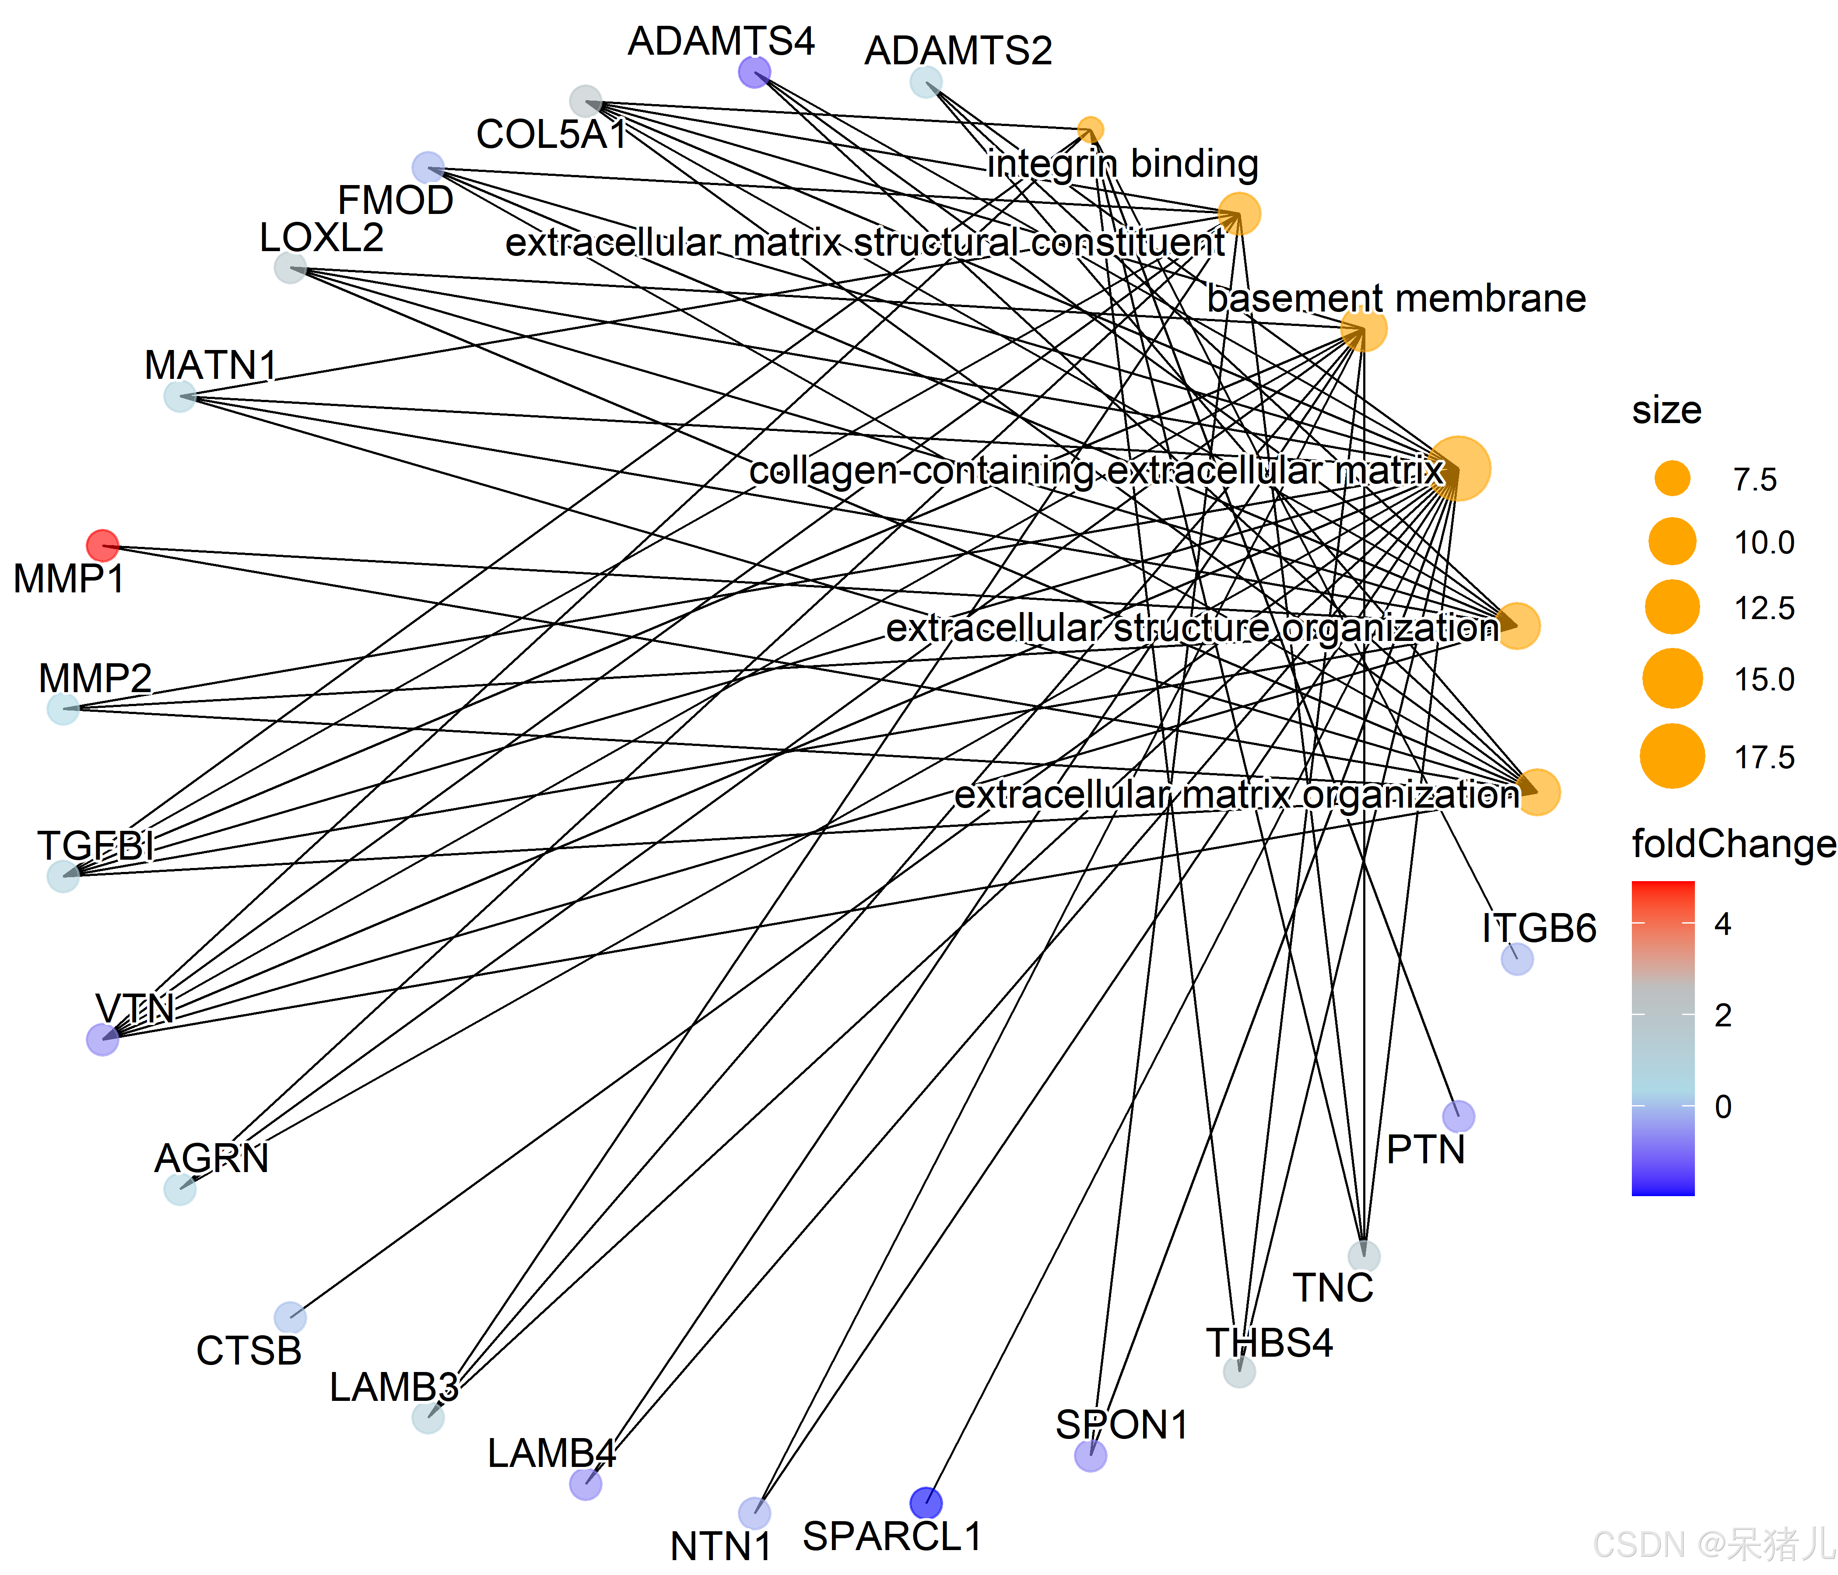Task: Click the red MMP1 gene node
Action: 103,546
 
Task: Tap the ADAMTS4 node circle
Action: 754,72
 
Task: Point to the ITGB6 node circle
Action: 1517,959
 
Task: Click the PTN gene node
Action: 1458,1116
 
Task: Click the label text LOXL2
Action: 321,238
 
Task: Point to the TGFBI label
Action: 95,845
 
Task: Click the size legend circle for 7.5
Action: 1672,479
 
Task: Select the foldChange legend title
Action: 1733,843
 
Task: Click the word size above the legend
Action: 1666,409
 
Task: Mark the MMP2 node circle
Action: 63,709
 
